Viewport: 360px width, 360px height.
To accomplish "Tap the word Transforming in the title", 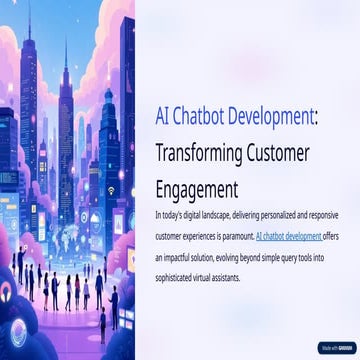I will coord(198,154).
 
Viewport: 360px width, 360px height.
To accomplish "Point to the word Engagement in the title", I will coord(198,188).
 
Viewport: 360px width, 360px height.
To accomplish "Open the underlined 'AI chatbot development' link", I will coord(289,238).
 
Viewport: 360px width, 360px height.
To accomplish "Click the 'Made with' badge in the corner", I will coord(335,348).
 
